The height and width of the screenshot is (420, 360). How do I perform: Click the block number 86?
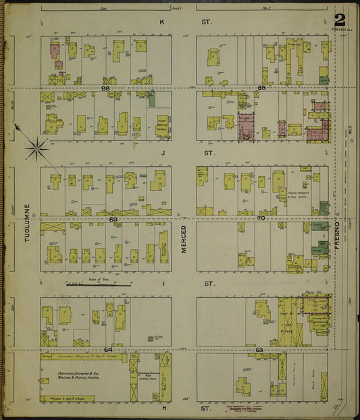tap(105, 88)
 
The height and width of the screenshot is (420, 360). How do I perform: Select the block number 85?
tap(261, 88)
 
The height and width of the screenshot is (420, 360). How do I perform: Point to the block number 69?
tap(113, 219)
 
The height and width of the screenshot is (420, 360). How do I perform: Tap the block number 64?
tap(107, 349)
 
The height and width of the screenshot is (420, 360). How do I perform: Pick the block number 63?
tap(259, 349)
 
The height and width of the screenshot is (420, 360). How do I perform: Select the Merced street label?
tap(183, 240)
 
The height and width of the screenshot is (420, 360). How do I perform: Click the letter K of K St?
tap(161, 22)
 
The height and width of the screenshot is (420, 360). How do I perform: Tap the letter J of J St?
tap(162, 153)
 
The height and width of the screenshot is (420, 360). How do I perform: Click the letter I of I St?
tap(163, 284)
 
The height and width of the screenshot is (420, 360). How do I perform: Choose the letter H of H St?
tap(163, 409)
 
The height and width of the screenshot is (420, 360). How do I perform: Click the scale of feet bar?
tap(98, 284)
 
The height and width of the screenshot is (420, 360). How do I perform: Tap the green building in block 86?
tap(151, 99)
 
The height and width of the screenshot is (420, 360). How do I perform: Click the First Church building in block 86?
tap(161, 126)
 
